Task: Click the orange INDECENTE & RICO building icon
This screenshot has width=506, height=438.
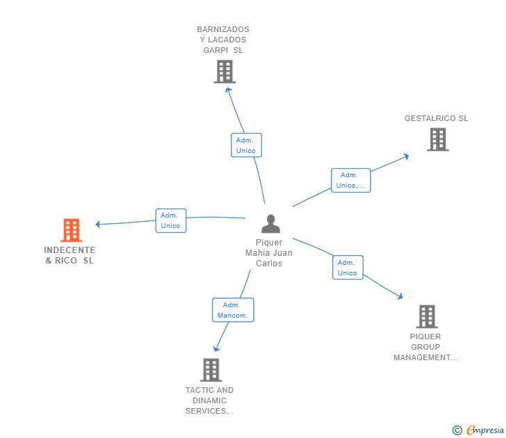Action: [71, 230]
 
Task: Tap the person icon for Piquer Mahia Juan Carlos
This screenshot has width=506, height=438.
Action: [270, 223]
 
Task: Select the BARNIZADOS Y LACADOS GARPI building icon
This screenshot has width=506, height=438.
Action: [224, 71]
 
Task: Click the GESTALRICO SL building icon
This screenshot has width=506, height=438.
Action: [437, 139]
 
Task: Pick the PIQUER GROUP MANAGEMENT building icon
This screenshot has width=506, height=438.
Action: [426, 316]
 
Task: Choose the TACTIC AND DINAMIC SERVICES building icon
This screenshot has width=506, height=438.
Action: [211, 370]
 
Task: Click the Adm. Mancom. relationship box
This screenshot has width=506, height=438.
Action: [233, 310]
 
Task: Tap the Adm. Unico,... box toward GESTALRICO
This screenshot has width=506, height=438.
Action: [350, 180]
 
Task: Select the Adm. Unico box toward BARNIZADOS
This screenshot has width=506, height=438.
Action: [246, 145]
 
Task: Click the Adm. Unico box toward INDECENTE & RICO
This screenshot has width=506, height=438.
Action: [170, 220]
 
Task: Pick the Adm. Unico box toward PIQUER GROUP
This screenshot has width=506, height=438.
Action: [348, 268]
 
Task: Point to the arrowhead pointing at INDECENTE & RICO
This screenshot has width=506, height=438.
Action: [98, 224]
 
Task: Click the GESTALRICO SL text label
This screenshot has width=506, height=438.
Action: [436, 118]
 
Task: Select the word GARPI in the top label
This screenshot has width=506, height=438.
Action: [215, 50]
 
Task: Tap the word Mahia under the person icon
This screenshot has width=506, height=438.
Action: [259, 253]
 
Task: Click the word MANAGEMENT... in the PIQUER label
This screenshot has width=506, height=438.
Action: [425, 357]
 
